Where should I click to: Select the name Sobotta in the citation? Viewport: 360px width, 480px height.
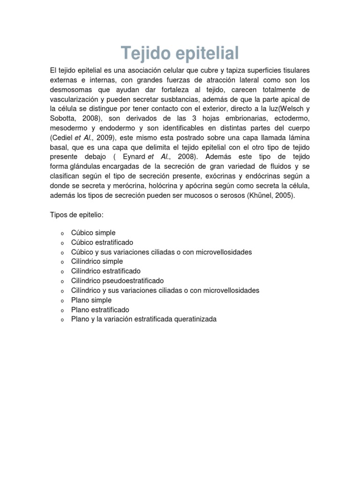click(x=63, y=119)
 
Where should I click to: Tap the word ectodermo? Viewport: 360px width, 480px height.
click(x=289, y=119)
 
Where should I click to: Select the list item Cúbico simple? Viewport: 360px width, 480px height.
click(x=93, y=232)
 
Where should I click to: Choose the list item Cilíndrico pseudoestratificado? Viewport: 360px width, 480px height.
click(x=118, y=281)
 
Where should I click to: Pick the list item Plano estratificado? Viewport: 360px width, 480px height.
click(x=100, y=310)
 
